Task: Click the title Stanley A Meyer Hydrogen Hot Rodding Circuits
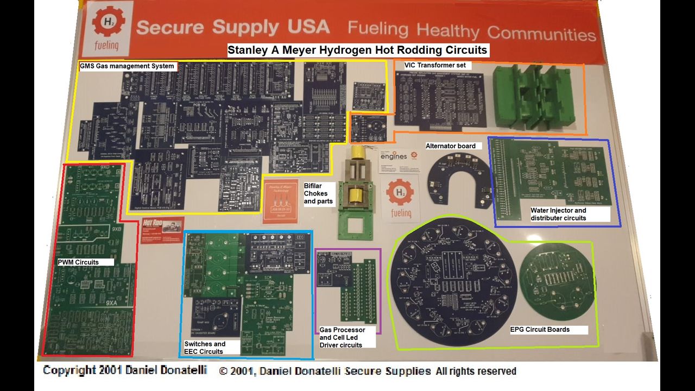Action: coord(357,51)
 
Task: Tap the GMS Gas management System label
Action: coord(127,66)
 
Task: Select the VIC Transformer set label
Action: coord(435,65)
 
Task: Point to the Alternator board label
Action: coord(451,146)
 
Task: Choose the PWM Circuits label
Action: coord(79,262)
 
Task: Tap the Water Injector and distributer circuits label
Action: coord(558,214)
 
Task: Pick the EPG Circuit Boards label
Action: coord(540,330)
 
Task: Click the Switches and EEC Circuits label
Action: coord(205,348)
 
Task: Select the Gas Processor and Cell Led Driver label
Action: coord(342,337)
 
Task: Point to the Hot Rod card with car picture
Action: coord(162,230)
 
